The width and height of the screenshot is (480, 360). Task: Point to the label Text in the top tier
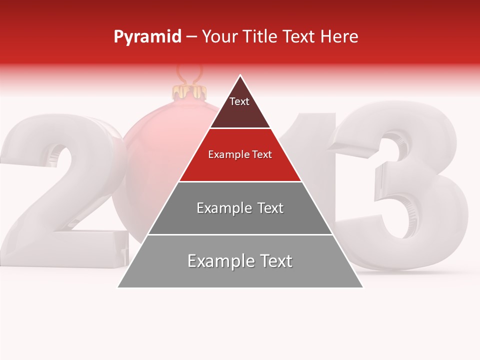click(x=239, y=101)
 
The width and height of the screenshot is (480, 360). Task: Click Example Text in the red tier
click(x=240, y=154)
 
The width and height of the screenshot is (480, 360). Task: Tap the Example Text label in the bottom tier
click(x=240, y=261)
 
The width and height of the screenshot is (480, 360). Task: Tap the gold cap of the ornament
click(x=189, y=92)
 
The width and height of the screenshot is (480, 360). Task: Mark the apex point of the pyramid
click(x=240, y=76)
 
